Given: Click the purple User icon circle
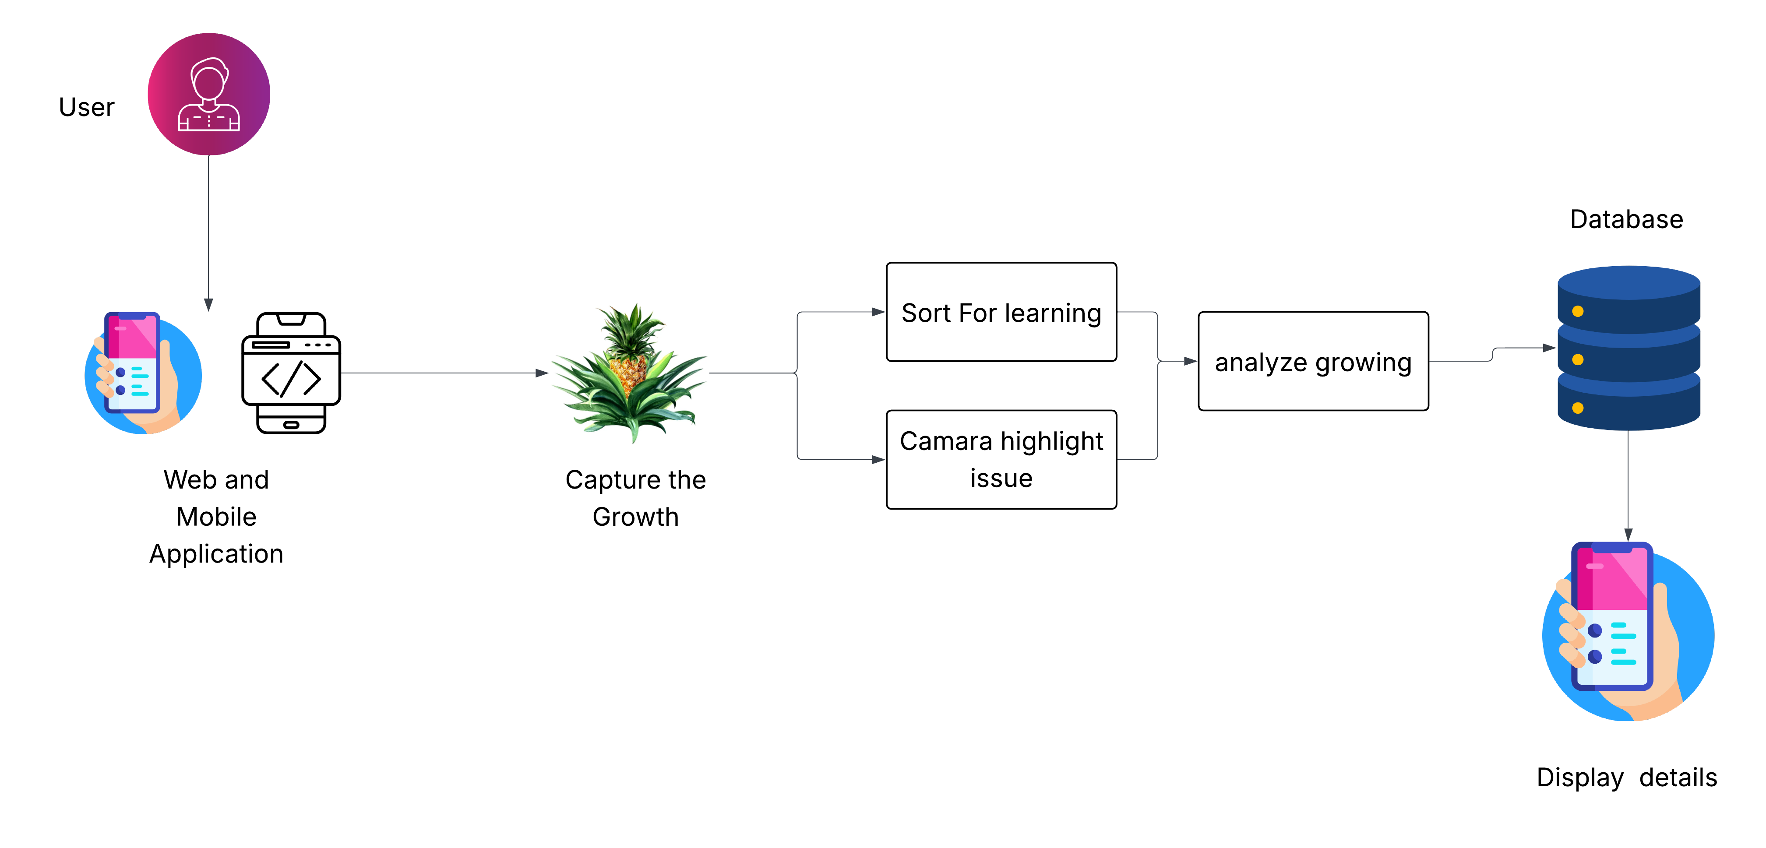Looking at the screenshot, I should [x=209, y=94].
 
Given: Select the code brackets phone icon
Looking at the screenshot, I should [x=291, y=373].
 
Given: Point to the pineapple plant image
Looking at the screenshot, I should [x=629, y=373].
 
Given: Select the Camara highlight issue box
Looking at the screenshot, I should [x=1001, y=459].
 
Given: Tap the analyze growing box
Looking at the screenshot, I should [x=1313, y=361].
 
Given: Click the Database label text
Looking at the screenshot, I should [x=1626, y=219].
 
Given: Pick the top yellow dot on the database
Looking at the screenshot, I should [x=1577, y=311].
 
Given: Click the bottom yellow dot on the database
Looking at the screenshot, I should [x=1577, y=408].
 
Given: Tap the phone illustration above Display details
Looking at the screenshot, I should [x=1628, y=631].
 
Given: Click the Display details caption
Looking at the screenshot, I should [x=1626, y=778].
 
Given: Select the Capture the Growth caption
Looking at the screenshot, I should [x=635, y=498].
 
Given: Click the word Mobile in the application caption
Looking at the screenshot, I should [x=216, y=517].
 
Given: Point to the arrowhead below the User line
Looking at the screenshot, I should [x=208, y=304].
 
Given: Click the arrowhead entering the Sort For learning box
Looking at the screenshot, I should [x=878, y=312].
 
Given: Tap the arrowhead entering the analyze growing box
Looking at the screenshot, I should [x=1190, y=361].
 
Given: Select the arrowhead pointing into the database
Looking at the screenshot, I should [x=1549, y=348].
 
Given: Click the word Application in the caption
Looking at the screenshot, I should [x=216, y=554].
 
